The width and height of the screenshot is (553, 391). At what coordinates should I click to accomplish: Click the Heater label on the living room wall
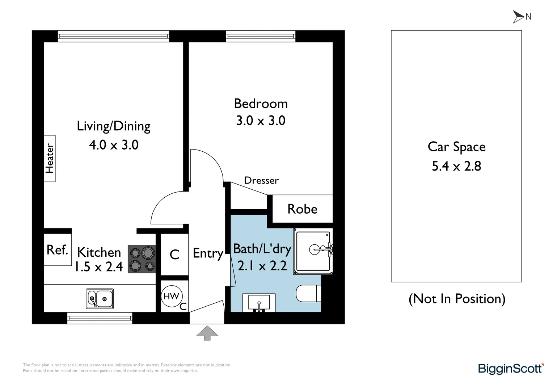point(50,159)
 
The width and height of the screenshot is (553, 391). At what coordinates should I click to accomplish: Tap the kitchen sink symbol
point(100,299)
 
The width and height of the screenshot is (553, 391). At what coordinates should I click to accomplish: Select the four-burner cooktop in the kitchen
point(142,259)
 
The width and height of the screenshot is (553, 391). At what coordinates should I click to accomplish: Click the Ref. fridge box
point(58,250)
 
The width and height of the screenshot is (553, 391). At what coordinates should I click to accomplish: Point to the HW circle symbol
point(171,296)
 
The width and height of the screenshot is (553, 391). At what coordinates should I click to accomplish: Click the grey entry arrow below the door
point(207,333)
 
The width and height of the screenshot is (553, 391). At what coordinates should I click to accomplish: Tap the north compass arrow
point(518,17)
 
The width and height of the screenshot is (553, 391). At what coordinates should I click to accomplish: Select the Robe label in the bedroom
point(302,209)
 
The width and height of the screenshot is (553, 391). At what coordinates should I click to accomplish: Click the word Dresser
point(261,180)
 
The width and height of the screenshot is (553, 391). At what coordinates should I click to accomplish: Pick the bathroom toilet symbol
point(308,294)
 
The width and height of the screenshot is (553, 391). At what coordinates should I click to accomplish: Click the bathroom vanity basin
point(259,302)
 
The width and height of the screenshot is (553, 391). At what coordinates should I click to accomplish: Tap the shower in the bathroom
point(313,251)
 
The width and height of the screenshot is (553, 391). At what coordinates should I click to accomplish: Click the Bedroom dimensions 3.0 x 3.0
point(261,121)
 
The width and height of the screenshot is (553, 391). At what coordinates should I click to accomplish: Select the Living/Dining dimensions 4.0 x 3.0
point(114,145)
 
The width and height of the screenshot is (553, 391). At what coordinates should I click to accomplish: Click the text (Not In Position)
point(457,299)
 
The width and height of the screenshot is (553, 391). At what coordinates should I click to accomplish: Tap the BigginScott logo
point(510,369)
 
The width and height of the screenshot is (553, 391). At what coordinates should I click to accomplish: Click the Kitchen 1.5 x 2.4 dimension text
point(98,267)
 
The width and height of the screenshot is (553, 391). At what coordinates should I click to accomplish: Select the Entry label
point(208,253)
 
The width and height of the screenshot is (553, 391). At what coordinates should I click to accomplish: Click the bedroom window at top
point(261,36)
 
